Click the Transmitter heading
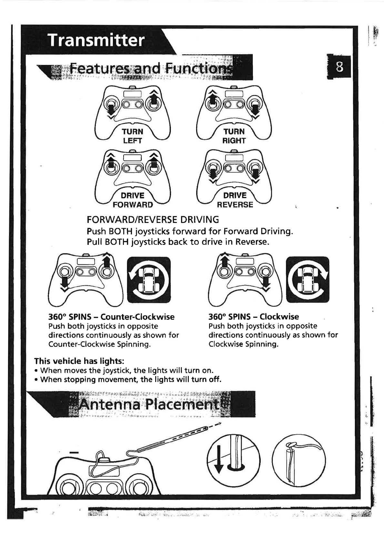click(96, 40)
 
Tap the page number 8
click(339, 68)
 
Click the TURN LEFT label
click(133, 136)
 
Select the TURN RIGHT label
click(234, 136)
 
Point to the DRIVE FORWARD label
click(133, 200)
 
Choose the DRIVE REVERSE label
click(235, 200)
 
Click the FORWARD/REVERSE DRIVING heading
click(153, 220)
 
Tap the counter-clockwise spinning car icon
click(149, 280)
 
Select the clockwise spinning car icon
click(308, 280)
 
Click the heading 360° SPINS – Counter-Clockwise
click(111, 317)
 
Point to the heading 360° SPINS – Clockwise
click(254, 317)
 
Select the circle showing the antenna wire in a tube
click(299, 461)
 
